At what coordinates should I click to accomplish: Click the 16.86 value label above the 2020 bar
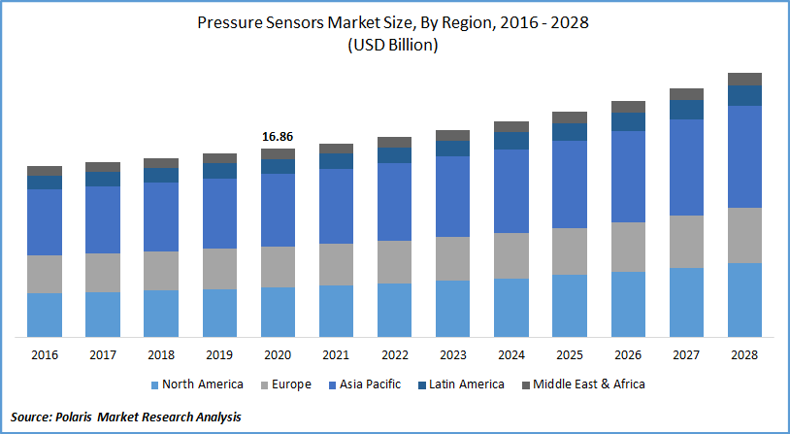click(x=278, y=138)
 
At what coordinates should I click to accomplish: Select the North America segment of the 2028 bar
click(x=744, y=299)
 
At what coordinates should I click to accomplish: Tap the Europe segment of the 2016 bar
click(x=45, y=274)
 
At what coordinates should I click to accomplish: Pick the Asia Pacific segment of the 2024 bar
click(x=511, y=191)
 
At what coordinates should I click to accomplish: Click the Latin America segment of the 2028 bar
click(x=744, y=95)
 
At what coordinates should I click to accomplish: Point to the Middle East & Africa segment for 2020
click(x=278, y=153)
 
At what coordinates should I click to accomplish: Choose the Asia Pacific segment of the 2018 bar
click(x=161, y=217)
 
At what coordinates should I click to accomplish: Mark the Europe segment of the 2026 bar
click(x=628, y=247)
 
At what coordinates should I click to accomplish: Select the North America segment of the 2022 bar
click(x=394, y=310)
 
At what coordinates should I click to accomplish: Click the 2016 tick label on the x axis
click(x=45, y=355)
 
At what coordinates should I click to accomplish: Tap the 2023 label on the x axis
click(x=452, y=355)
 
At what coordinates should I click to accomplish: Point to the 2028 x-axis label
click(x=744, y=355)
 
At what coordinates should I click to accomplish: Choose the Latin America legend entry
click(x=462, y=384)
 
